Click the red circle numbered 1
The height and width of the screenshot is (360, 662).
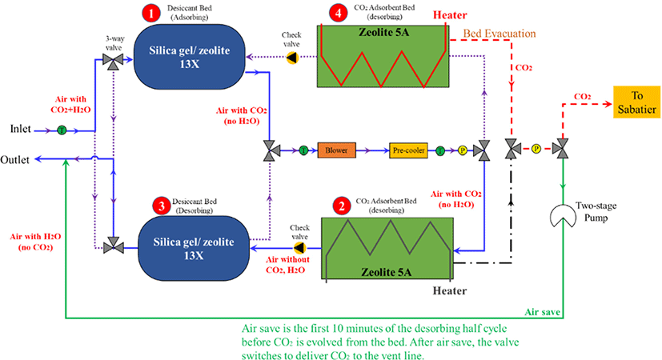[150, 13]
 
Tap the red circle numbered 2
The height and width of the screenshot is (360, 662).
[342, 206]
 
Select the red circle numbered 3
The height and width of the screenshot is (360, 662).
[161, 206]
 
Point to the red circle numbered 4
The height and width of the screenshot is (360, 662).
[338, 13]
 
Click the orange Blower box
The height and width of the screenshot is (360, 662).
[336, 150]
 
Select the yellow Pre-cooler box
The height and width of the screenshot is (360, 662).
[408, 150]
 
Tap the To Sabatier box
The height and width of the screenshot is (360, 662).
[636, 102]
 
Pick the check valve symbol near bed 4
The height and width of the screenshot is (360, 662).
[292, 58]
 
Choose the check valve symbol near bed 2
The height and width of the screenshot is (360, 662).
[299, 248]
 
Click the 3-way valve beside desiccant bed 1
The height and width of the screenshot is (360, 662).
[113, 61]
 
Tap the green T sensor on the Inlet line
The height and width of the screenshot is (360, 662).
[62, 130]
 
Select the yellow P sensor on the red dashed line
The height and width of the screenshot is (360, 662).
[536, 149]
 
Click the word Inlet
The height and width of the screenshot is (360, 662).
[20, 129]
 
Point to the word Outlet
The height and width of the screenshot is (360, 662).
[14, 160]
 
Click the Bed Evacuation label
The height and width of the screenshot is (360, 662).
[500, 34]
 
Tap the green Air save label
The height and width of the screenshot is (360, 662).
[543, 312]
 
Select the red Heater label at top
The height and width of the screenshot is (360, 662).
[450, 15]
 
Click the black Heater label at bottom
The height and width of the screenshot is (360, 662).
[450, 290]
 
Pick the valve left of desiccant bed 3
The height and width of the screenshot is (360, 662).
[114, 246]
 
